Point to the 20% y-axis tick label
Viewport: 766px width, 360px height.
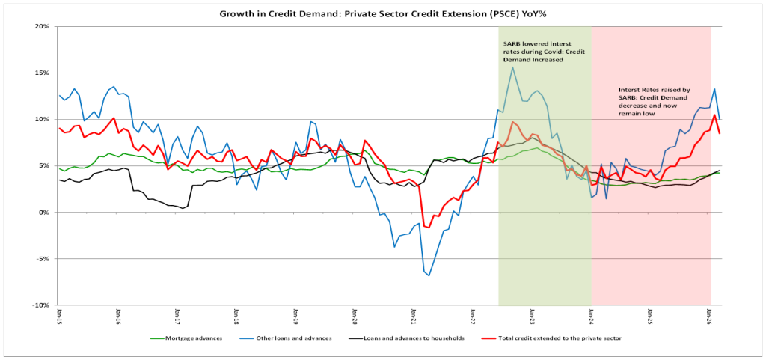(41, 26)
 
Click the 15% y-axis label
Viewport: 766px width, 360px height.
(41, 73)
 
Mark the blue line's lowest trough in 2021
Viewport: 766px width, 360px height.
(429, 275)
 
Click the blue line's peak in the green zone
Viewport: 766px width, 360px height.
(512, 67)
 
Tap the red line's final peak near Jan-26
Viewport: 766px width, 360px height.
(714, 115)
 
